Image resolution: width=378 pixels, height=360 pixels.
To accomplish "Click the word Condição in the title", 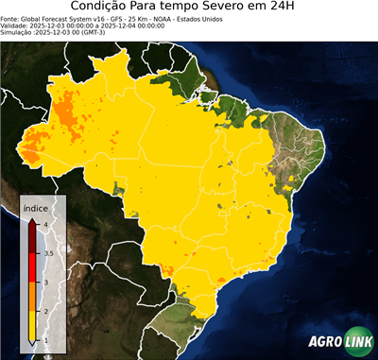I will (105, 8).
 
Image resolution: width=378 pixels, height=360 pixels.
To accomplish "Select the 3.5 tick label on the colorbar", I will (48, 253).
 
